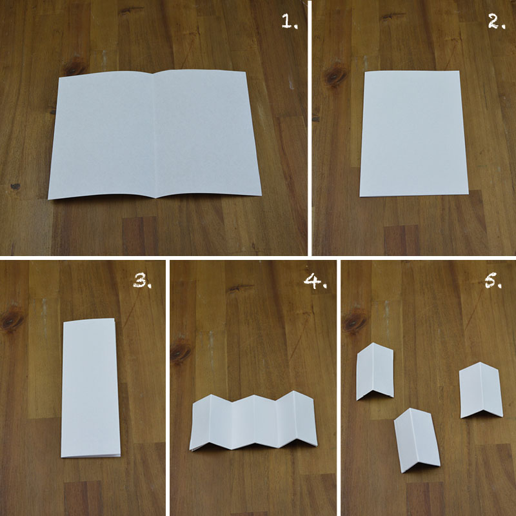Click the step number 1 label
tap(289, 22)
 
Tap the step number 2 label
tap(496, 22)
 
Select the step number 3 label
tap(142, 281)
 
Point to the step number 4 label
tap(315, 281)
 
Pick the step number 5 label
tap(493, 281)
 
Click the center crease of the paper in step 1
tap(155, 135)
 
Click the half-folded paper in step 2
tap(413, 134)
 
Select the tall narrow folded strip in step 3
tap(90, 388)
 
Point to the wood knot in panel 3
tap(12, 319)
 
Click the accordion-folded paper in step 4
tap(253, 421)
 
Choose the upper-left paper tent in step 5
tap(375, 372)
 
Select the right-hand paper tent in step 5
tap(481, 390)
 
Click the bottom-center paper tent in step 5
tap(417, 441)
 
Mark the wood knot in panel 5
tap(355, 321)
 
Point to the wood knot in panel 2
tap(335, 76)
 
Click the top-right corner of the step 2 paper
tap(459, 71)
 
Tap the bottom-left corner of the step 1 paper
tap(48, 199)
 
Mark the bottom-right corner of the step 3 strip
tap(120, 456)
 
